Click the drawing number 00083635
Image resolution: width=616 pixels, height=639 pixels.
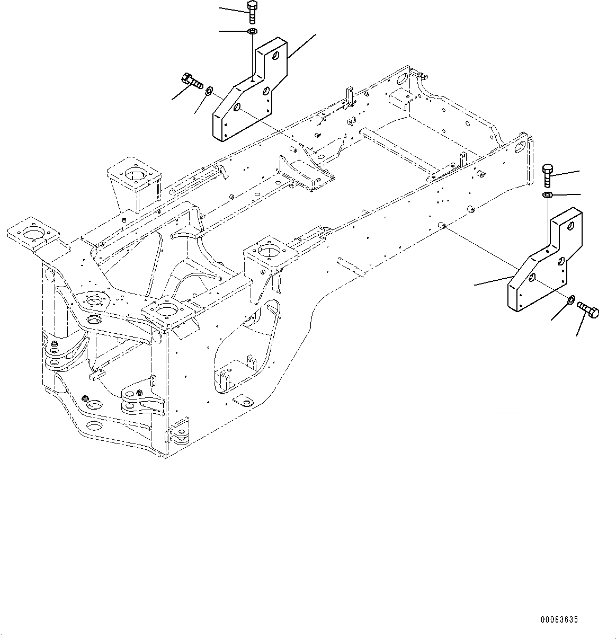pyautogui.click(x=559, y=619)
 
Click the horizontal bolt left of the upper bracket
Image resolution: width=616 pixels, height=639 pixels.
pyautogui.click(x=192, y=82)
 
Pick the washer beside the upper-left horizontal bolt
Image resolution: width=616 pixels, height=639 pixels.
pyautogui.click(x=209, y=92)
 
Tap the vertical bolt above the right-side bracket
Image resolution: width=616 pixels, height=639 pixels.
pyautogui.click(x=548, y=175)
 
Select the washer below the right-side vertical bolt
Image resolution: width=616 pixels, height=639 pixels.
pyautogui.click(x=548, y=197)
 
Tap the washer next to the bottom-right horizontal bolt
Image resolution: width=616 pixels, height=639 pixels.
pyautogui.click(x=571, y=300)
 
